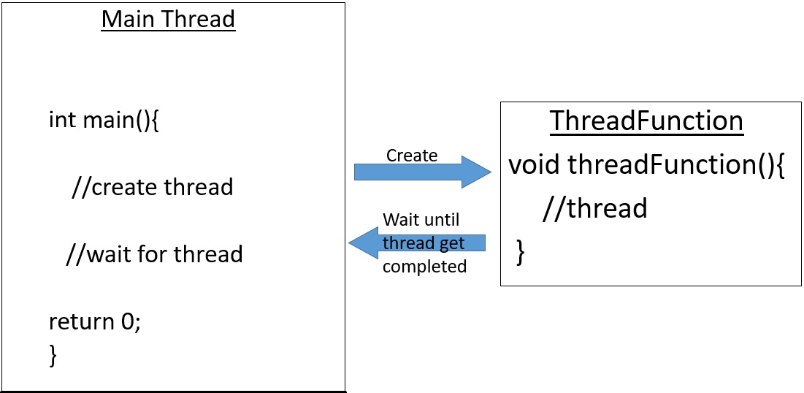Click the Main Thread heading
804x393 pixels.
pyautogui.click(x=168, y=19)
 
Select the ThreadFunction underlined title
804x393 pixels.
pyautogui.click(x=646, y=121)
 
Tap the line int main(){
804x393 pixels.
pyautogui.click(x=104, y=119)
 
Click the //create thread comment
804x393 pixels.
pyautogui.click(x=152, y=187)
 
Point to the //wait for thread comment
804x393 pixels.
pyautogui.click(x=154, y=254)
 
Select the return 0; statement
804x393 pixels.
pyautogui.click(x=94, y=321)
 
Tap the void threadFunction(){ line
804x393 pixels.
pyautogui.click(x=646, y=165)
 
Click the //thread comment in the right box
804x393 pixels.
pyautogui.click(x=594, y=209)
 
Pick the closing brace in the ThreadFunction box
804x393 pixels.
pyautogui.click(x=520, y=251)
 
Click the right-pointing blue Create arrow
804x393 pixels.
pyautogui.click(x=420, y=172)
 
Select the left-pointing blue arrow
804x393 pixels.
pyautogui.click(x=416, y=243)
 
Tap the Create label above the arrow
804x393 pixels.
pyautogui.click(x=412, y=155)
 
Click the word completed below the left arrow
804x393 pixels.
pyautogui.click(x=424, y=267)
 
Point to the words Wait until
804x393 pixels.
pyautogui.click(x=421, y=220)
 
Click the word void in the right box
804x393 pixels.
pyautogui.click(x=535, y=165)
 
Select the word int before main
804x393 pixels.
pyautogui.click(x=61, y=119)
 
